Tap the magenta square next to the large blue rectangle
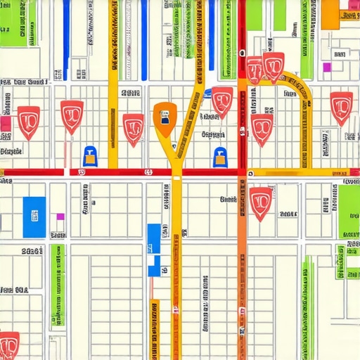pos(60,217)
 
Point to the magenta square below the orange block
pos(326,67)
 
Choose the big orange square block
pos(330,14)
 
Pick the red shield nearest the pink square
pos(29,121)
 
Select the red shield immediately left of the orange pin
pos(133,129)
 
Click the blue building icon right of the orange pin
pos(220,155)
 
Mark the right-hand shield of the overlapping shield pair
pos(273,66)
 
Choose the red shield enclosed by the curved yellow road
pos(262,128)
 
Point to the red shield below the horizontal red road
pos(261,201)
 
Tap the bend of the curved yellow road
pos(295,82)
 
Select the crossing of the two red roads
pos(242,172)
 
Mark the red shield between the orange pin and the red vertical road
pos(222,101)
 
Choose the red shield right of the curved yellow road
pos(342,107)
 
